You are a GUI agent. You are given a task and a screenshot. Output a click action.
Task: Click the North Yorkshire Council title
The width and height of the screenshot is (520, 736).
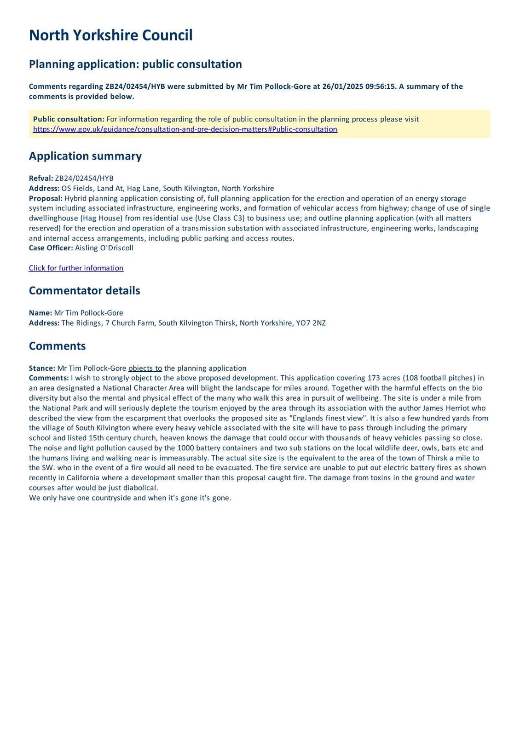(x=110, y=35)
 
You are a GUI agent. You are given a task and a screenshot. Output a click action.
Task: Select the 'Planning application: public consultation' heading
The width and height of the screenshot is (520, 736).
(x=135, y=64)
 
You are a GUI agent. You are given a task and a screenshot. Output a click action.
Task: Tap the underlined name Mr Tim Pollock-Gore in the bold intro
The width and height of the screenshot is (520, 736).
(x=274, y=86)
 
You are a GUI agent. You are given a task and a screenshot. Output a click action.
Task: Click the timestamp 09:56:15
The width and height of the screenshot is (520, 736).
(x=381, y=86)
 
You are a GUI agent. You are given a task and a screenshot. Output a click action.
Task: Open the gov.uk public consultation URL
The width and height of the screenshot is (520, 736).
(x=185, y=129)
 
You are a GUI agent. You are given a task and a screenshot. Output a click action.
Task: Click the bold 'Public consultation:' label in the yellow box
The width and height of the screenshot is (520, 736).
(x=69, y=119)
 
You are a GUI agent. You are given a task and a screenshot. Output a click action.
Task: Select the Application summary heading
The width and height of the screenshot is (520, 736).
(x=85, y=156)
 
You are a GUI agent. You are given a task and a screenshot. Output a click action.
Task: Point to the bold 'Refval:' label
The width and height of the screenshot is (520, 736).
(x=41, y=178)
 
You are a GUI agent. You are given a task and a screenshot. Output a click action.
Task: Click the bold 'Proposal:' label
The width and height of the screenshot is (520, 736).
(x=46, y=198)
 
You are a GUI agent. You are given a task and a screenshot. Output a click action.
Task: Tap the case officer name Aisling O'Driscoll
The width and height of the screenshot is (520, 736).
(x=104, y=248)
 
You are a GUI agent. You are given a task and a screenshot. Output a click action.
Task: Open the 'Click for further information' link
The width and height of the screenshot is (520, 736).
(x=76, y=268)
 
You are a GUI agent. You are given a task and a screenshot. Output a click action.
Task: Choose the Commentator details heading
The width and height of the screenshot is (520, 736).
(x=84, y=291)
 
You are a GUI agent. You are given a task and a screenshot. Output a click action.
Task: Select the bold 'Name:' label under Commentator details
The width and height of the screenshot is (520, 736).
(x=40, y=313)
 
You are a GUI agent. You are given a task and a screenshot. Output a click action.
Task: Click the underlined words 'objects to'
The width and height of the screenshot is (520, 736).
(x=145, y=368)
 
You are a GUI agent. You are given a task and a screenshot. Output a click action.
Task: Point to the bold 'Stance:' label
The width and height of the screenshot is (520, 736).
(x=42, y=368)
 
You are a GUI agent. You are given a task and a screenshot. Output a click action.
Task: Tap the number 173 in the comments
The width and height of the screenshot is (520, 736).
(x=374, y=378)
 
